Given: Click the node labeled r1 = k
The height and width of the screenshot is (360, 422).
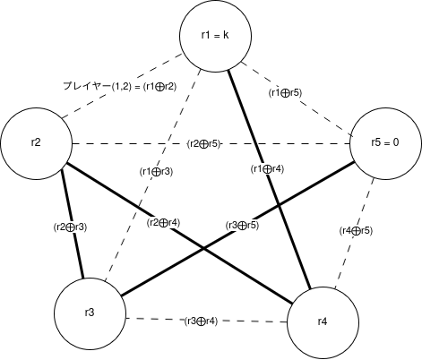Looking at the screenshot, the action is point(215,36).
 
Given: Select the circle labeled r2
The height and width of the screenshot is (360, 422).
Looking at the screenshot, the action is point(36,143).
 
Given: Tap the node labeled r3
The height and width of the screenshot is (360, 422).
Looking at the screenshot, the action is point(90,313).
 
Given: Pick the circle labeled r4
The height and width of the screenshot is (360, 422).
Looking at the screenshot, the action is point(323,322).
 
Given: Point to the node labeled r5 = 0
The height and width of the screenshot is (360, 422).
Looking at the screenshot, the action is point(385,143).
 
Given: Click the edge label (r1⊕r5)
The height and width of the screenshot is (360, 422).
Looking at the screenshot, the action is point(285,93).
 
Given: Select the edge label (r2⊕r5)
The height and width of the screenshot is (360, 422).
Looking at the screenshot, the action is point(203,144).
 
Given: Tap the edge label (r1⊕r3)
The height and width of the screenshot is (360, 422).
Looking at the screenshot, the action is point(156,172).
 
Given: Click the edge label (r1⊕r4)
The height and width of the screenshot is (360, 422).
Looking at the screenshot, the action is point(267,169).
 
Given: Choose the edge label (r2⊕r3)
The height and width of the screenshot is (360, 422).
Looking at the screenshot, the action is point(70,227).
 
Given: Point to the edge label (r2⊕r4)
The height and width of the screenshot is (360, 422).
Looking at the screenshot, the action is point(163,223).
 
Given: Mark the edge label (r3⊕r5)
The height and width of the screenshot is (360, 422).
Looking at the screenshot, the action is point(242,226).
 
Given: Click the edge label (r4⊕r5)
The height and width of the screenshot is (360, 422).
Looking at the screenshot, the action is point(356,231).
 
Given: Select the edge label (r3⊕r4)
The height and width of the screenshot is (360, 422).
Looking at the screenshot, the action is point(201,321).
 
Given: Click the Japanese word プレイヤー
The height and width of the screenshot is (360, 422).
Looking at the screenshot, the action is point(87,86).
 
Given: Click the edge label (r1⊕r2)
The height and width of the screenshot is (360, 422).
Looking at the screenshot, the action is point(159,87).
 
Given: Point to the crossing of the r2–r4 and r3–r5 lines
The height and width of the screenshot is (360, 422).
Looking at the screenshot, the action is point(203,248).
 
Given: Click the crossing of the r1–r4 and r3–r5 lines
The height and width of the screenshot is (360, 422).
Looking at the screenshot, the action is point(279,205).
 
